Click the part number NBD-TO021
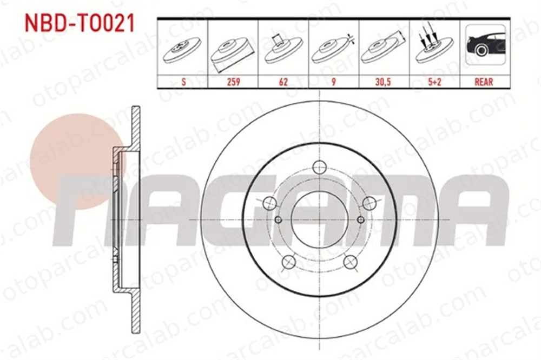pyautogui.click(x=80, y=23)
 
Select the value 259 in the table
pyautogui.click(x=233, y=82)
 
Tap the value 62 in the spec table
pyautogui.click(x=283, y=82)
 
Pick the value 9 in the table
pyautogui.click(x=334, y=82)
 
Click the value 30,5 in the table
pyautogui.click(x=384, y=82)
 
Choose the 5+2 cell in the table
pyautogui.click(x=434, y=82)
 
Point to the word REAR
pyautogui.click(x=484, y=82)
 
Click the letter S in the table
pyautogui.click(x=183, y=82)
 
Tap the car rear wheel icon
pyautogui.click(x=485, y=44)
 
